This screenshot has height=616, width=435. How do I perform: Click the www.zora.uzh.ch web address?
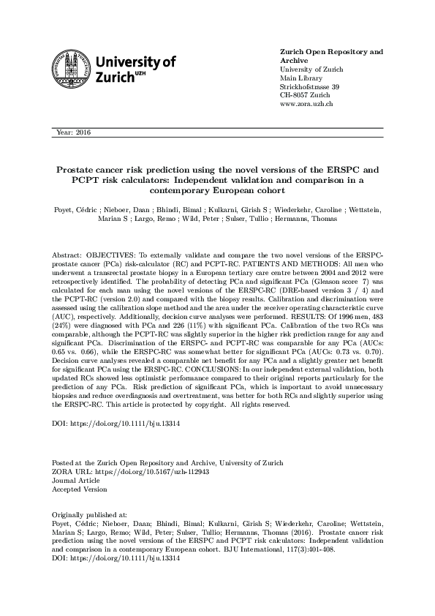[x=307, y=105]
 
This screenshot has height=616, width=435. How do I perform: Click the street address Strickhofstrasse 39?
[x=310, y=87]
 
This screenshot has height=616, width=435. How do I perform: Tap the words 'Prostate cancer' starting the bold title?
[x=94, y=168]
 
